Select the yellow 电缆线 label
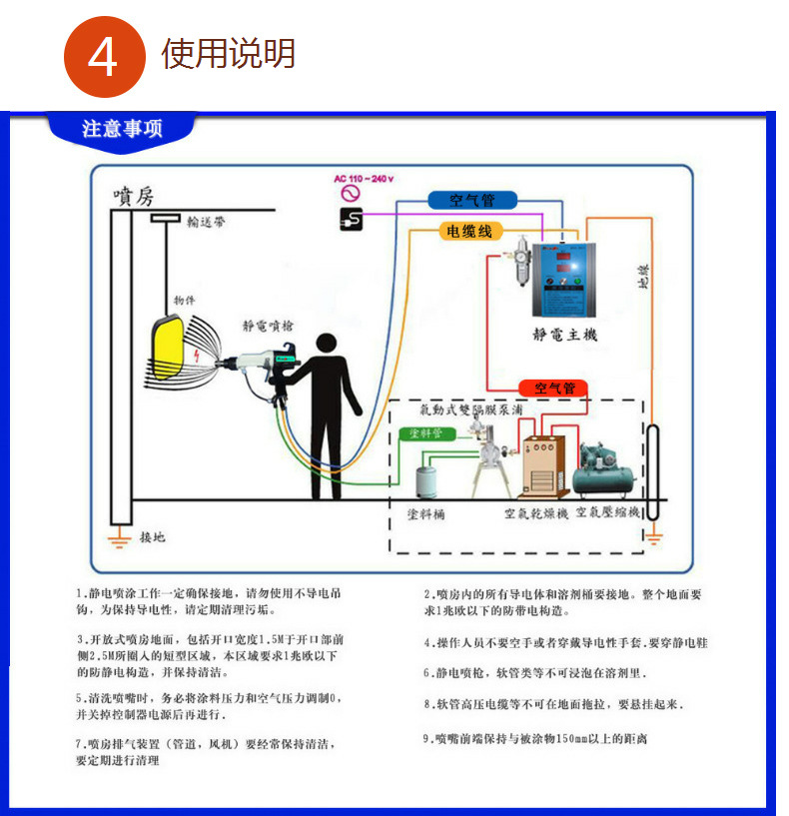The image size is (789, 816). tap(469, 232)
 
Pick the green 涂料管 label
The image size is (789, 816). tap(430, 433)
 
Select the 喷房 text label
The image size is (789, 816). tap(133, 195)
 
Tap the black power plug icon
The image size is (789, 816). tap(351, 219)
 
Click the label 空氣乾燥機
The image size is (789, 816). tap(535, 513)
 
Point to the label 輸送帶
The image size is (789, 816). tap(205, 224)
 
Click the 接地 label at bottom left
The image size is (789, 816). tap(153, 537)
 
